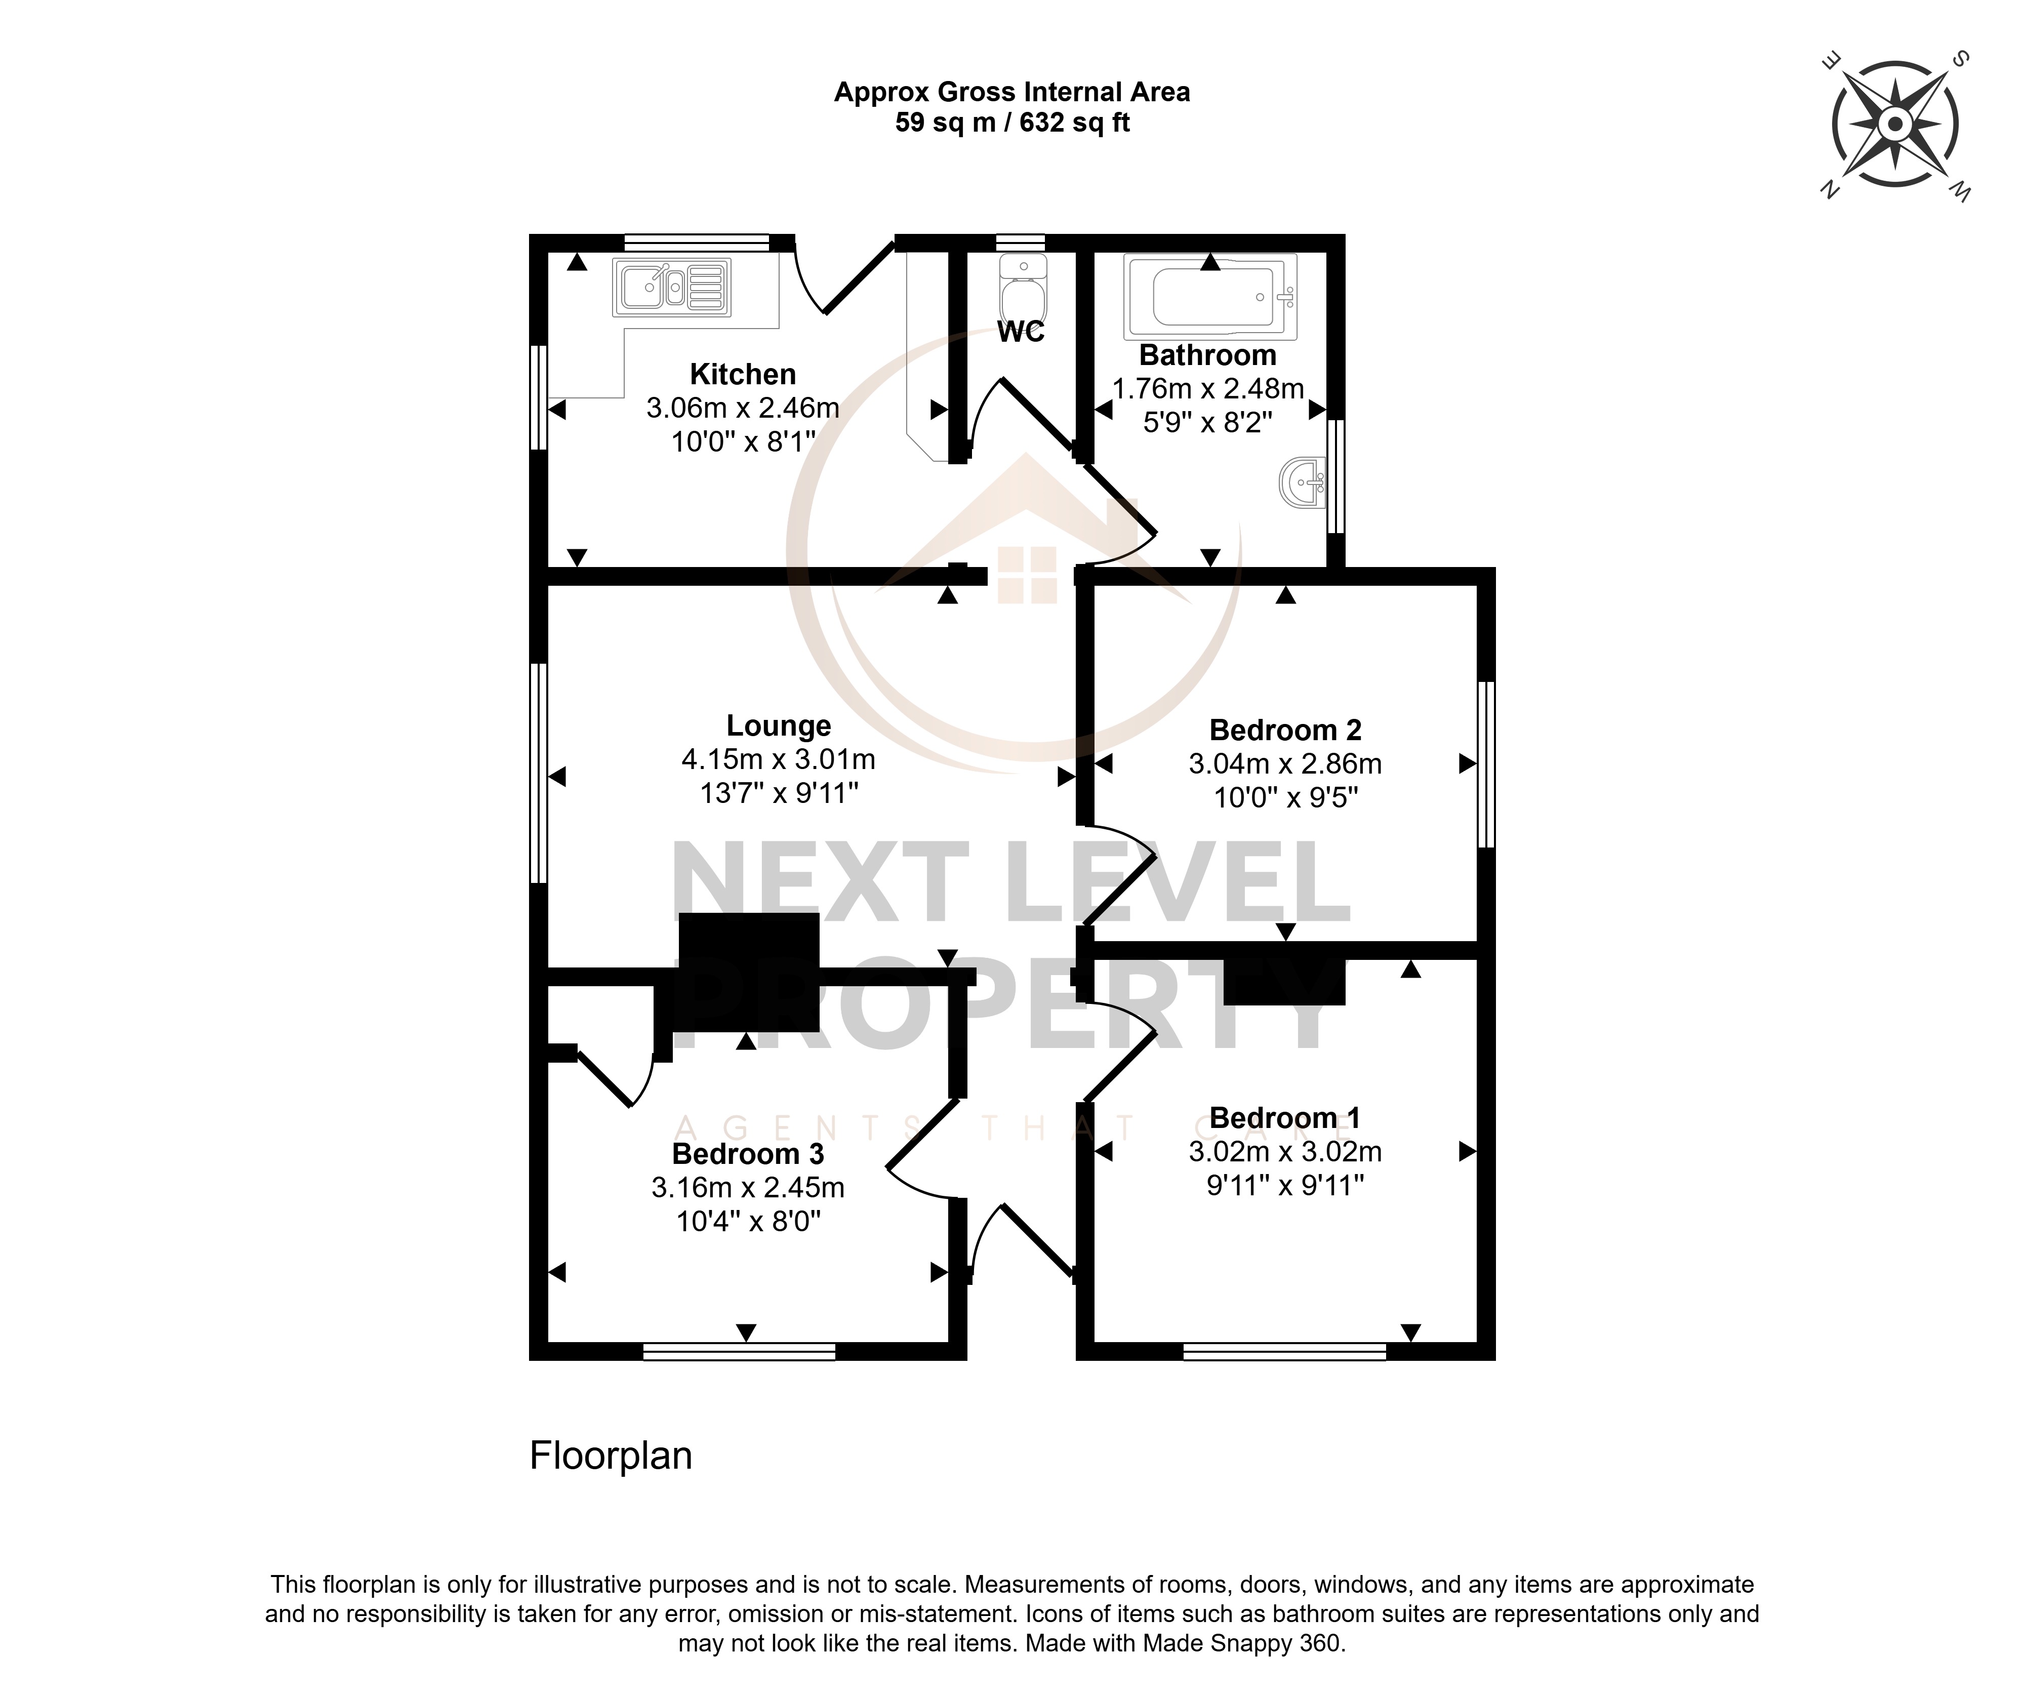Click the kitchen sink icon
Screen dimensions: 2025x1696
click(x=672, y=288)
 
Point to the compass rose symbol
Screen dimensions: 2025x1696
click(x=1895, y=125)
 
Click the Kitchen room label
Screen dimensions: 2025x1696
click(x=743, y=374)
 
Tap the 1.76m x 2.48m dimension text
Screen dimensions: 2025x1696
click(x=1208, y=389)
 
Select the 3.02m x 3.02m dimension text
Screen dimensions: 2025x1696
click(x=1285, y=1152)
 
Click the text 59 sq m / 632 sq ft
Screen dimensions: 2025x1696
click(x=1012, y=123)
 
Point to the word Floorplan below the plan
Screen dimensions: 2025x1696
click(x=612, y=1456)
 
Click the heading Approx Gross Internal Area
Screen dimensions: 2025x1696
click(x=1012, y=93)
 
